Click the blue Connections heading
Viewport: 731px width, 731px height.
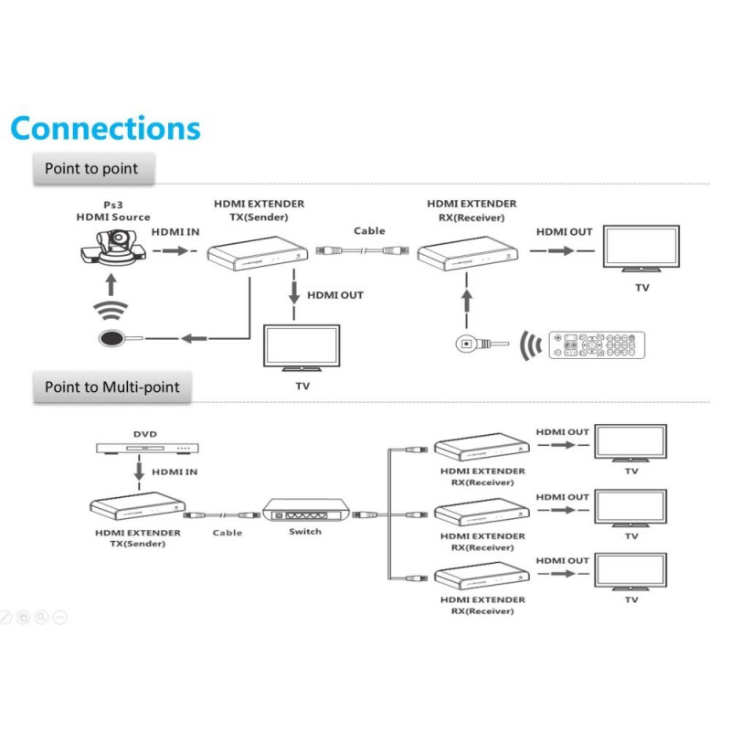pos(105,127)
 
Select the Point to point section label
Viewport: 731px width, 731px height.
pos(91,169)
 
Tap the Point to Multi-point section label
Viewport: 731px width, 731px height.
pos(112,387)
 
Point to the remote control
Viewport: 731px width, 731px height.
pos(596,344)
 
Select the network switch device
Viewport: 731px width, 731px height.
pos(305,511)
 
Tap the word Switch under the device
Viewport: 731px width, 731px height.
pos(305,532)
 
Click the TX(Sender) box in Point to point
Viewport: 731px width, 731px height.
pos(257,250)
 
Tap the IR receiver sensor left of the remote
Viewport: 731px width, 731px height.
pos(466,344)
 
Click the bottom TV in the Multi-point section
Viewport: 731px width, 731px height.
pos(630,572)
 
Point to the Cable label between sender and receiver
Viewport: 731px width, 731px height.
pos(369,231)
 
